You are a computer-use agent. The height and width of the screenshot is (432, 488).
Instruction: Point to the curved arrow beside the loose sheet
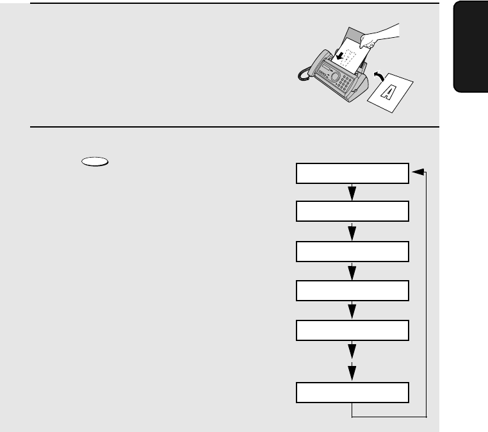coord(378,76)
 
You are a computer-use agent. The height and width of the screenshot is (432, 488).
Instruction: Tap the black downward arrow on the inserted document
coord(340,56)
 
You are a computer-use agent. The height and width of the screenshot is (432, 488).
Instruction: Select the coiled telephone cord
coord(303,75)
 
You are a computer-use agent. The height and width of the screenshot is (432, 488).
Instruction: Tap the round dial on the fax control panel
coord(335,76)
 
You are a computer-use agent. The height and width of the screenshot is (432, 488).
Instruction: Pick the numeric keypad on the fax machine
coord(345,83)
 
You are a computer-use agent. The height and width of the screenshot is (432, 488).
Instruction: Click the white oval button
coord(95,162)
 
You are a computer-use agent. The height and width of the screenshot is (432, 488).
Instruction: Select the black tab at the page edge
coord(471,47)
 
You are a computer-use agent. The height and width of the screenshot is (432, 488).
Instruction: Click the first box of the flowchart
coord(352,173)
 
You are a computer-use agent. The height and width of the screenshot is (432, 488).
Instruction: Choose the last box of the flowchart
coord(352,392)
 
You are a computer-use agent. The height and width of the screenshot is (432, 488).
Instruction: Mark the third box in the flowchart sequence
coord(352,251)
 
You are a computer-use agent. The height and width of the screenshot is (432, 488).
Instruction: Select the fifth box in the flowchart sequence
coord(352,330)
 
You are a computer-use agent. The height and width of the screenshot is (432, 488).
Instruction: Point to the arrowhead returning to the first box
coord(418,172)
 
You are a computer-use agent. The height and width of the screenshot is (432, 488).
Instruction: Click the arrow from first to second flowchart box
coord(352,192)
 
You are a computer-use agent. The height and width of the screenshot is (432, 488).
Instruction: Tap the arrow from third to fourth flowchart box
coord(352,271)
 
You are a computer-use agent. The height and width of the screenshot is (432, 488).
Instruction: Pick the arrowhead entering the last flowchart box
coord(352,372)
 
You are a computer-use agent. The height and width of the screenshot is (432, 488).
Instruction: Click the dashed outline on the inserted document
coord(348,57)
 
